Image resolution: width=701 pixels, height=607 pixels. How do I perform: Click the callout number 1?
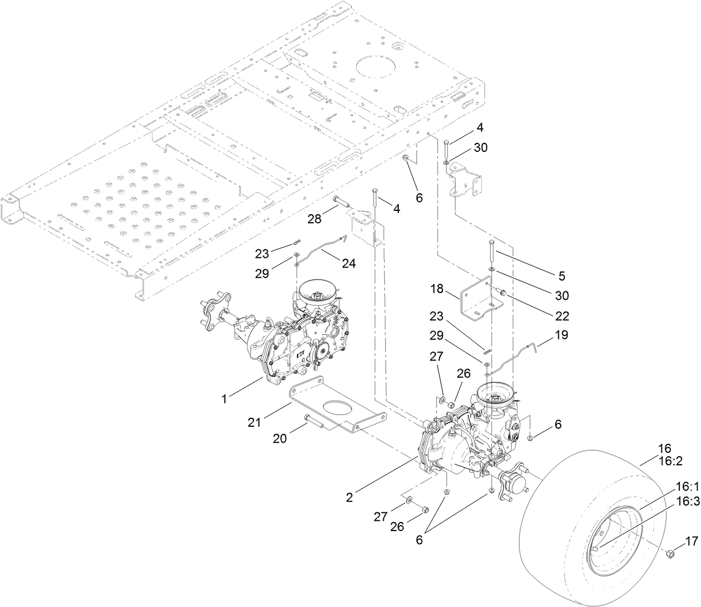pyautogui.click(x=224, y=399)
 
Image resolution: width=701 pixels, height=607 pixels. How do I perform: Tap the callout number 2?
pyautogui.click(x=350, y=498)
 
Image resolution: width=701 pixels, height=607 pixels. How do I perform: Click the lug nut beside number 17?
pyautogui.click(x=669, y=553)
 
